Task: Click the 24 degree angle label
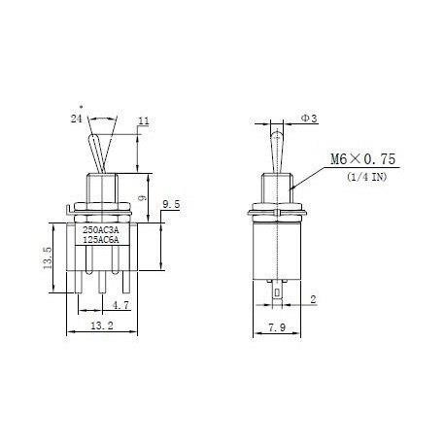pos(77,118)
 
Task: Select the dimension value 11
pos(144,121)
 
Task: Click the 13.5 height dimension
pos(48,257)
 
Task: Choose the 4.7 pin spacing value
pos(120,305)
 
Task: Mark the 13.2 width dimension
pos(102,325)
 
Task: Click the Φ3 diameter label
pos(309,119)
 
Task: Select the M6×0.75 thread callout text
pos(362,159)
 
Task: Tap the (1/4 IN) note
pos(367,177)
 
